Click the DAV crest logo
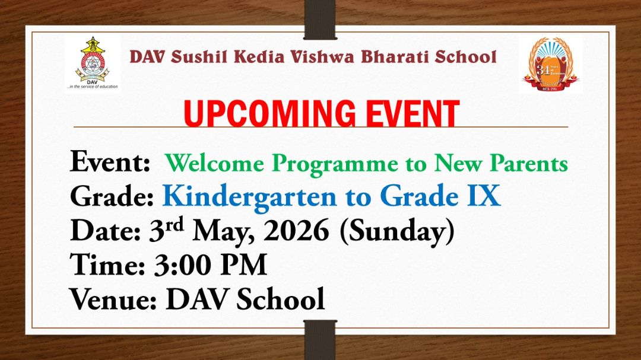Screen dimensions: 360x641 (x=91, y=59)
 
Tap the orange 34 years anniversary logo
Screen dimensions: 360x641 (x=550, y=63)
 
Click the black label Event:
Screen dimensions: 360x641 (x=110, y=162)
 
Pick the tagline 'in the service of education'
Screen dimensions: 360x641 (x=92, y=87)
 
